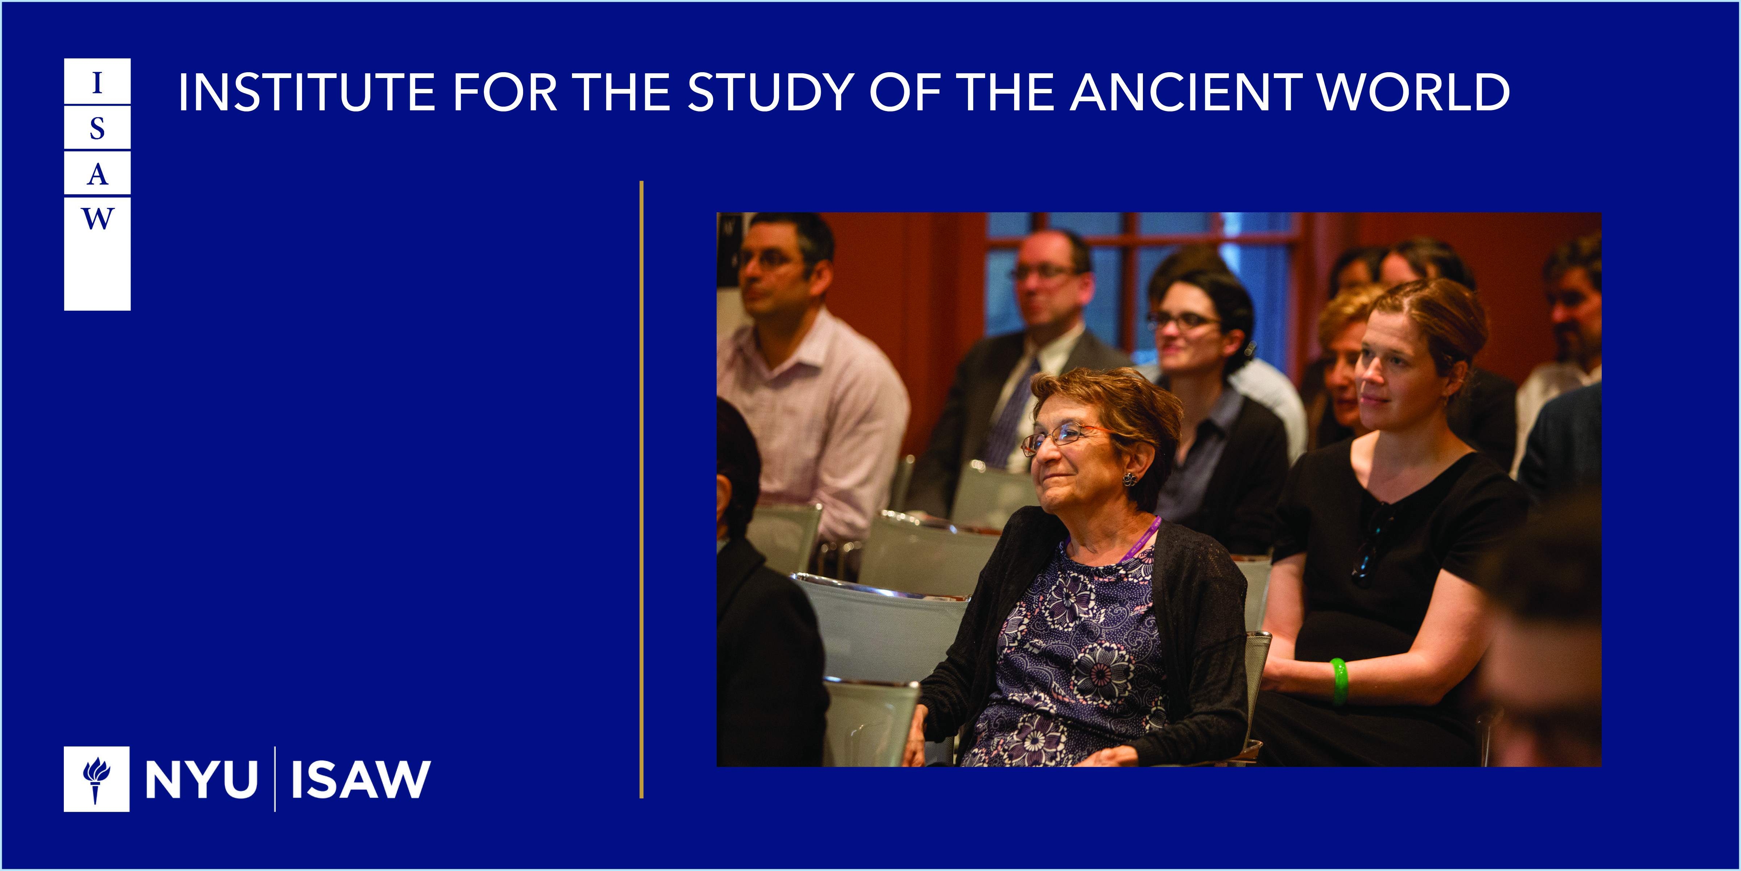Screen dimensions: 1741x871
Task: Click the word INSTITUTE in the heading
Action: click(306, 93)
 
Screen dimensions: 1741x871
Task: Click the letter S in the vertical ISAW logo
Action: click(97, 128)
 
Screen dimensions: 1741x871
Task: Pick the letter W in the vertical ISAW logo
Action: click(97, 218)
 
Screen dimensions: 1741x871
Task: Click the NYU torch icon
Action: click(96, 779)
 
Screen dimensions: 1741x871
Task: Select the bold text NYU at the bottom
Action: click(201, 780)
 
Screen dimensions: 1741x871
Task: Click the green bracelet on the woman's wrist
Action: click(1339, 681)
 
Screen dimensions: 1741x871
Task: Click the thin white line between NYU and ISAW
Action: click(275, 779)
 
